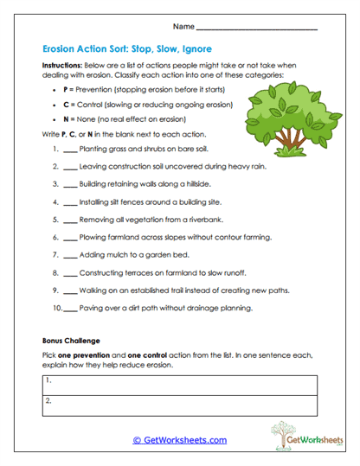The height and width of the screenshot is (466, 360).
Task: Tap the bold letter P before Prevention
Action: (67, 89)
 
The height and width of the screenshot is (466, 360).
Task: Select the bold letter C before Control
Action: (67, 105)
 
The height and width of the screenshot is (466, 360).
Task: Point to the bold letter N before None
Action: (67, 120)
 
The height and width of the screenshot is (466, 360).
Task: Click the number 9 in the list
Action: (55, 290)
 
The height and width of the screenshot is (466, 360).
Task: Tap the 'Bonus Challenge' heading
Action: (71, 341)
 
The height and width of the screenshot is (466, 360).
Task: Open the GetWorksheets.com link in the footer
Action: (179, 440)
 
